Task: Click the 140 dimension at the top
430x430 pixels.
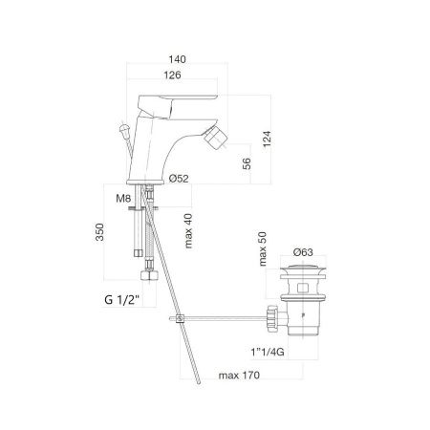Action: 177,59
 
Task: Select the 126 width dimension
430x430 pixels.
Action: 172,75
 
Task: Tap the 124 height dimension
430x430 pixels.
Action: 267,139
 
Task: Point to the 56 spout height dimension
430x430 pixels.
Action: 247,163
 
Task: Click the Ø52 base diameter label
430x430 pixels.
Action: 179,179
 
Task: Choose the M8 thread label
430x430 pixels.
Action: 123,199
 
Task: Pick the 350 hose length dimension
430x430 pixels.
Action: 99,232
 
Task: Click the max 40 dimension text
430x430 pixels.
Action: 188,231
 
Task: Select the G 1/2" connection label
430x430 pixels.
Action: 122,300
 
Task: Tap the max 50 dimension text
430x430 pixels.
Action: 263,248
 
